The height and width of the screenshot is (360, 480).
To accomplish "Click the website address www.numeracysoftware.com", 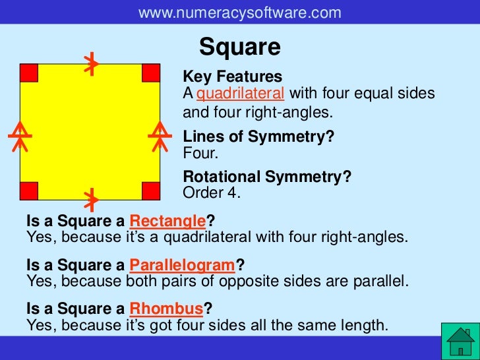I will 240,12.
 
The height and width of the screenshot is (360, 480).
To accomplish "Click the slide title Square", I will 240,47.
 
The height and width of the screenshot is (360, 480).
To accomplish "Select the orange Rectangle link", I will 168,220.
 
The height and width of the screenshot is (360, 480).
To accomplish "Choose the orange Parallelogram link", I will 183,265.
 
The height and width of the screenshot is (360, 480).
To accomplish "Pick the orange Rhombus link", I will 166,309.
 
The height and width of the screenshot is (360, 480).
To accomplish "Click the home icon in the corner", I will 460,342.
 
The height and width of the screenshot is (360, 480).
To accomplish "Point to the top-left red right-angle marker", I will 29,73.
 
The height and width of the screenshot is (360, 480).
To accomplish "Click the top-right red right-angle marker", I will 151,73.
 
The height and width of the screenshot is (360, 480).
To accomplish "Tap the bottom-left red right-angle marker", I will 29,191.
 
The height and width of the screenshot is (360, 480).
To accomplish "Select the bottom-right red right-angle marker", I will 151,191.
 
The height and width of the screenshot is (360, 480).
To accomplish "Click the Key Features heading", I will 232,77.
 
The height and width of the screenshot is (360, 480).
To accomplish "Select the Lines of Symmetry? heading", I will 258,137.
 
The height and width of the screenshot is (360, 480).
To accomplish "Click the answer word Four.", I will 200,153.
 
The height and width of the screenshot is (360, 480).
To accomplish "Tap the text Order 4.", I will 212,193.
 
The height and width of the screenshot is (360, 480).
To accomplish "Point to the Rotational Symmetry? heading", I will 267,177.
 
